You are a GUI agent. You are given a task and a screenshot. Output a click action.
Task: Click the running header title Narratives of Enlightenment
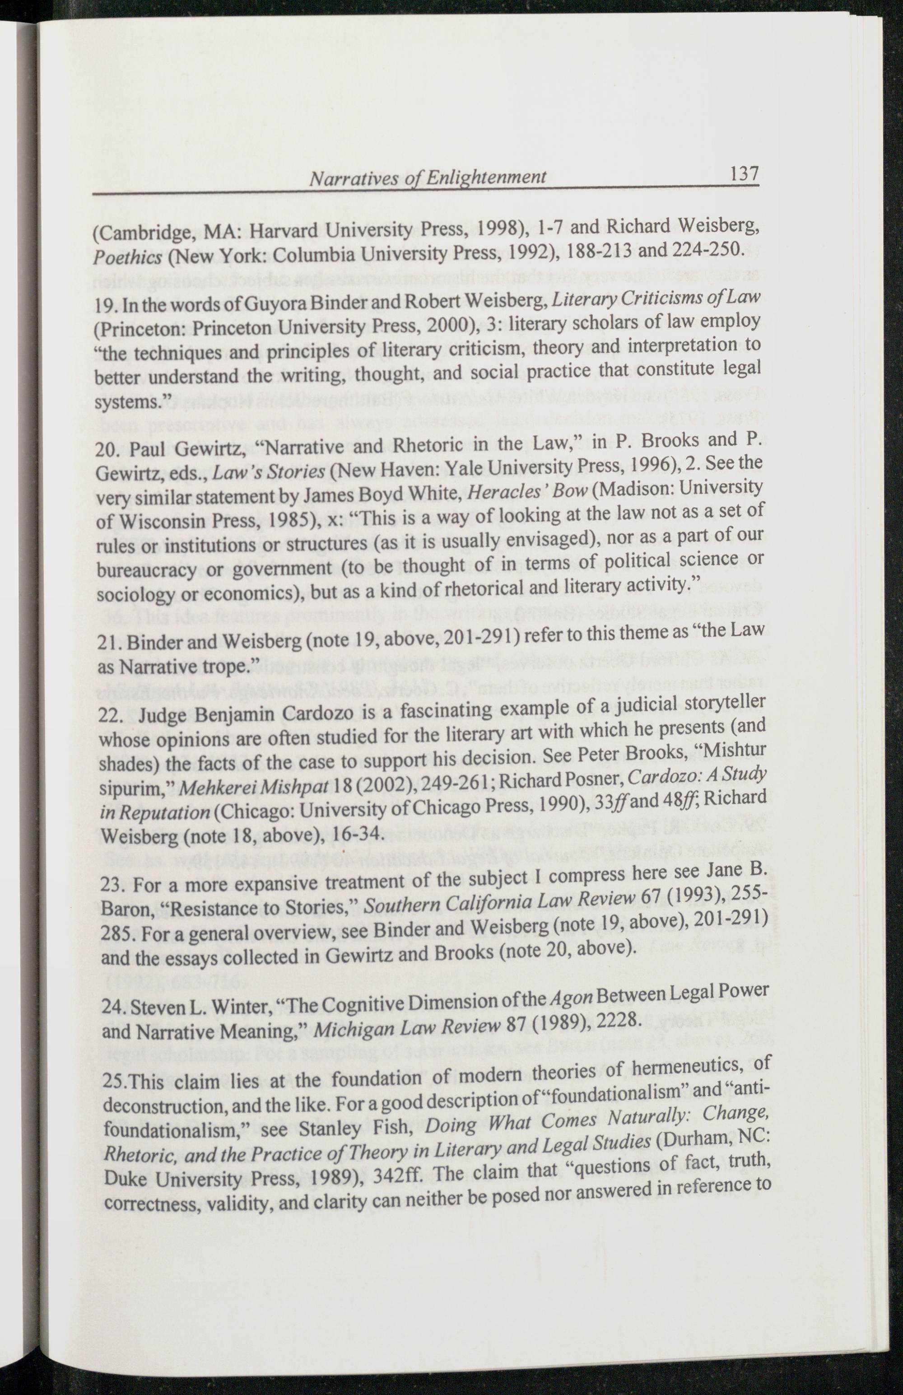click(x=427, y=177)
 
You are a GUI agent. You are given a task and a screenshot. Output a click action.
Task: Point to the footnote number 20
click(x=106, y=449)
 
